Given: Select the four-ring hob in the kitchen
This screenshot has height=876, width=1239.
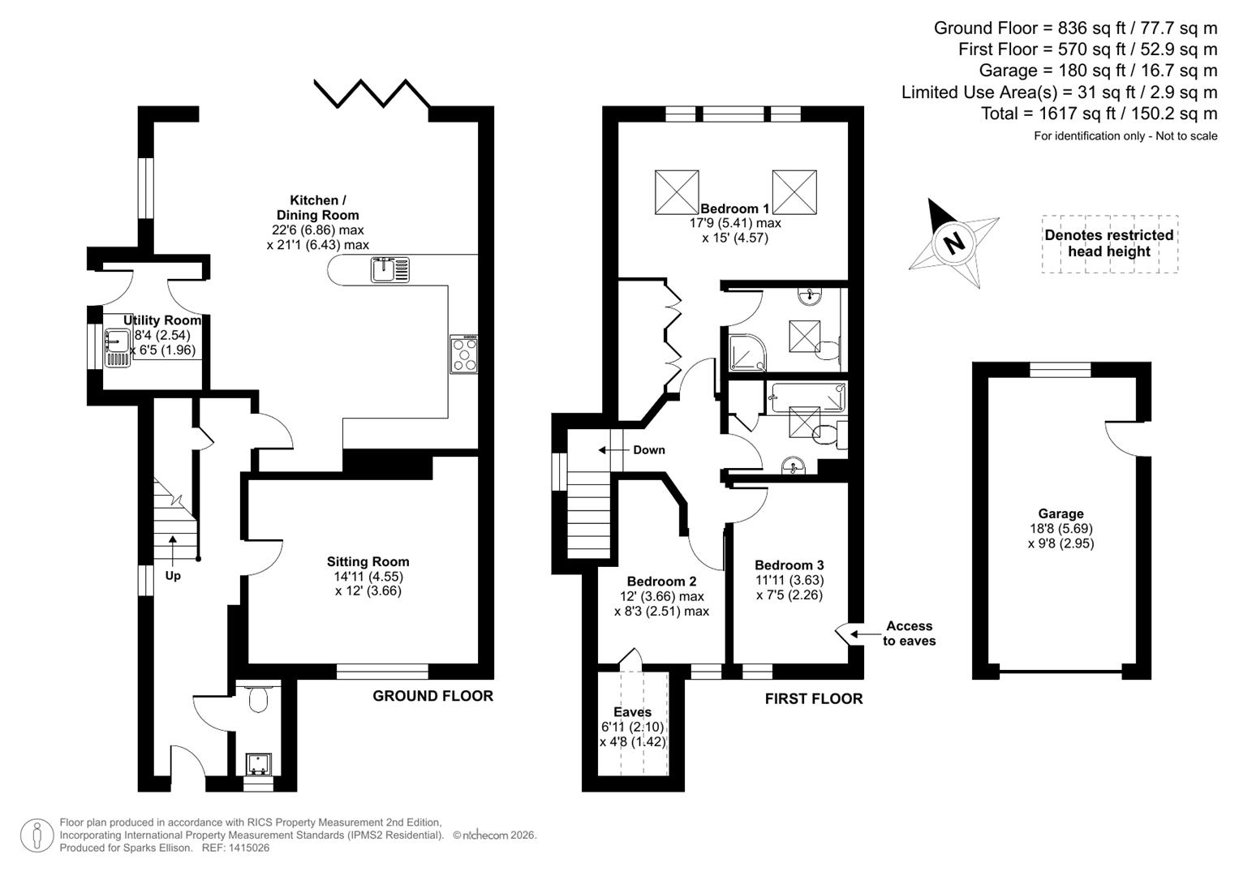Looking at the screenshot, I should tap(464, 354).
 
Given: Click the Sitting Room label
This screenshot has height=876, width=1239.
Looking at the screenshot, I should tap(368, 561).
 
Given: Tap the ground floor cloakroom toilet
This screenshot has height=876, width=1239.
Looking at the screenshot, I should tap(258, 698).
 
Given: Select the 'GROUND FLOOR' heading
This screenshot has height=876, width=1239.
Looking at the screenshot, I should tap(432, 696).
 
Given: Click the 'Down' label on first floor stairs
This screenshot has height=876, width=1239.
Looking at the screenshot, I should tap(648, 450).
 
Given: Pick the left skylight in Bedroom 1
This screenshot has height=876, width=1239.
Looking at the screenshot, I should tap(677, 192).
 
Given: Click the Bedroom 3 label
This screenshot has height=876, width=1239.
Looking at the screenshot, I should tap(789, 565).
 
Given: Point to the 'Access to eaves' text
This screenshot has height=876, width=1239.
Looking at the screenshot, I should tap(909, 633).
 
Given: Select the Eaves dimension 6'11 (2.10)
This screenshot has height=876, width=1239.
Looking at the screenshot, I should tap(632, 727).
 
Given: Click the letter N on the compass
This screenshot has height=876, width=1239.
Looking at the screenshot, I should tap(954, 242).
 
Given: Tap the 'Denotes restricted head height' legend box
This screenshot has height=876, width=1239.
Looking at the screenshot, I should tap(1109, 243).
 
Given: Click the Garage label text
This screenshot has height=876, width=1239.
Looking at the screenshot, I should tap(1060, 513).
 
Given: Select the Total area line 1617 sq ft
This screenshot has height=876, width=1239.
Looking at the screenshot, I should tap(1099, 114).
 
